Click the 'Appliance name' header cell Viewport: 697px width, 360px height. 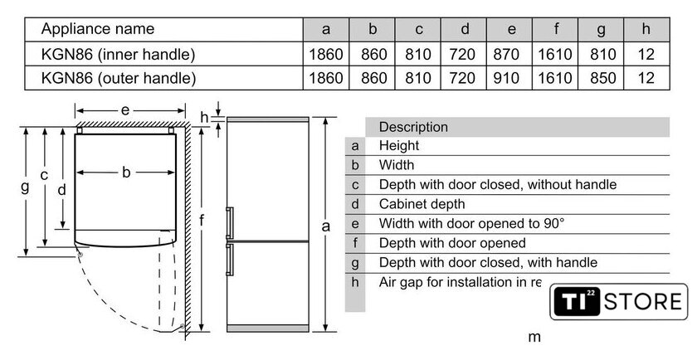(98, 29)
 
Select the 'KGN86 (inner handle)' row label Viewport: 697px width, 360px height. (118, 54)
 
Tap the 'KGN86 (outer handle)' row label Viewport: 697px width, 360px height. (119, 78)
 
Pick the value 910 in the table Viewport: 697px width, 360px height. (506, 78)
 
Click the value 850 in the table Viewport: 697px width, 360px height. (602, 78)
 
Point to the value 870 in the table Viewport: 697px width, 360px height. (506, 54)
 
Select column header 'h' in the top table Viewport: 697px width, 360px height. (646, 29)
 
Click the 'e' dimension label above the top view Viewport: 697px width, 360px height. (125, 110)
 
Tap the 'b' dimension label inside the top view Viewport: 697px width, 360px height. (126, 172)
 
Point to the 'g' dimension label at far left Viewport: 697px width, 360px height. (26, 187)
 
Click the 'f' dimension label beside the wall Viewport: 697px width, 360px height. (202, 219)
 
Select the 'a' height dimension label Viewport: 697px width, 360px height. (326, 226)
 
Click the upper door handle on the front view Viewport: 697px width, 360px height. (229, 222)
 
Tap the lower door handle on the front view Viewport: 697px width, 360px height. (229, 260)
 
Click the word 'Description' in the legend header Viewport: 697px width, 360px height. (413, 127)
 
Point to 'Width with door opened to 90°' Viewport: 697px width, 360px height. (471, 223)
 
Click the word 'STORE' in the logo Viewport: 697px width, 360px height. (643, 302)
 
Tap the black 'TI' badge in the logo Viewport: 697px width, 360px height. (577, 302)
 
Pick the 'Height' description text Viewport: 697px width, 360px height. (399, 146)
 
